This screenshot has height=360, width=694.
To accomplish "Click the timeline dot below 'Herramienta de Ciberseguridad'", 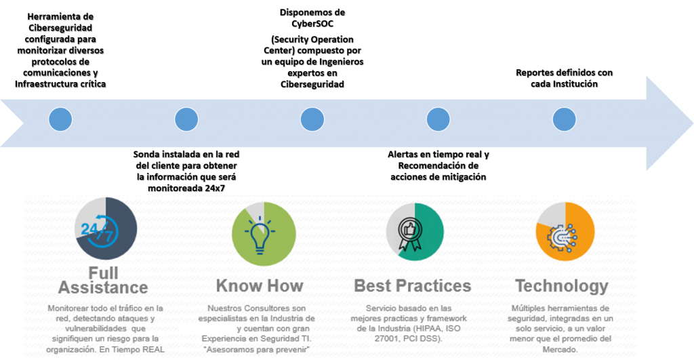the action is pyautogui.click(x=60, y=119).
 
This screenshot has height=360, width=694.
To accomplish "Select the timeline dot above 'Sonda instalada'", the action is pyautogui.click(x=186, y=119).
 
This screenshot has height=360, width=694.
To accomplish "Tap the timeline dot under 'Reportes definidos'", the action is pyautogui.click(x=565, y=119).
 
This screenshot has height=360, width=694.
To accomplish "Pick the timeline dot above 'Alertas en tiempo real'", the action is pyautogui.click(x=438, y=119).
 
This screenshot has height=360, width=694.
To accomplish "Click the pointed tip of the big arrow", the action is pyautogui.click(x=693, y=123).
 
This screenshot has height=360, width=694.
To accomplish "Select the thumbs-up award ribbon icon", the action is pyautogui.click(x=409, y=235).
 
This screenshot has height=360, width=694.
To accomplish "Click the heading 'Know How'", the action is pyautogui.click(x=260, y=285).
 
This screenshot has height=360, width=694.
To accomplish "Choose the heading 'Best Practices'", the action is pyautogui.click(x=413, y=285).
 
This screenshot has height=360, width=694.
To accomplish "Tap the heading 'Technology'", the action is pyautogui.click(x=562, y=287).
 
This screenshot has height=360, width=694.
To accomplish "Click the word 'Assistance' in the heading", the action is pyautogui.click(x=103, y=287).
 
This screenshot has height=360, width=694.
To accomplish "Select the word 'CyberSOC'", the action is pyautogui.click(x=312, y=24).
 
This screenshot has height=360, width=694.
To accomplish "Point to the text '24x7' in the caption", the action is pyautogui.click(x=215, y=188).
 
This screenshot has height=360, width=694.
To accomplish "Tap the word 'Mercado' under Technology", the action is pyautogui.click(x=559, y=349).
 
